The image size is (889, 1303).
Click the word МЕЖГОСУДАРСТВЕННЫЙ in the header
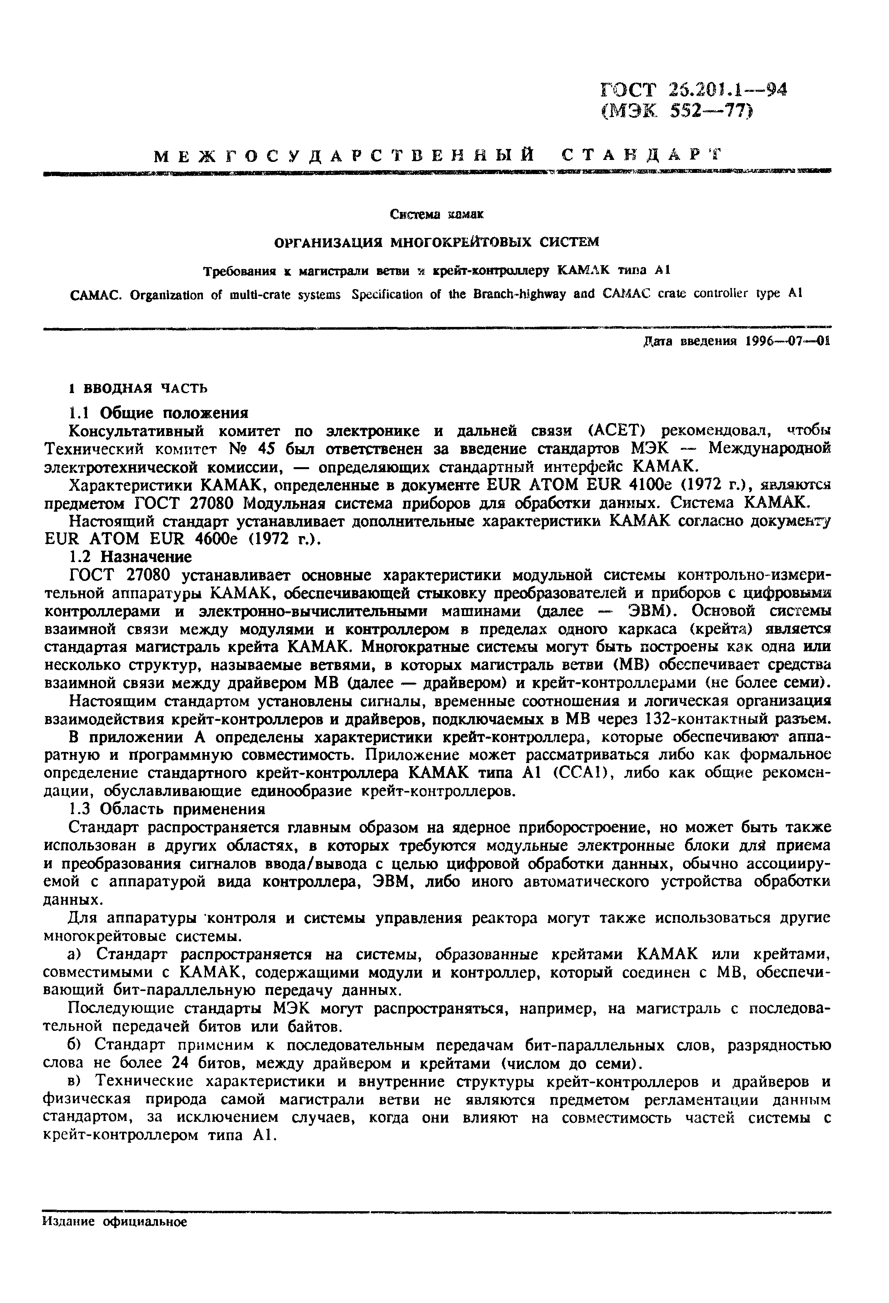[x=343, y=155]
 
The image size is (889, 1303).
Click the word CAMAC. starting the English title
[x=98, y=294]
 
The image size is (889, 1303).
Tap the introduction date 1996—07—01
[x=787, y=342]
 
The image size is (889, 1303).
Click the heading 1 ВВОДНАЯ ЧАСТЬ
[x=138, y=388]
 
